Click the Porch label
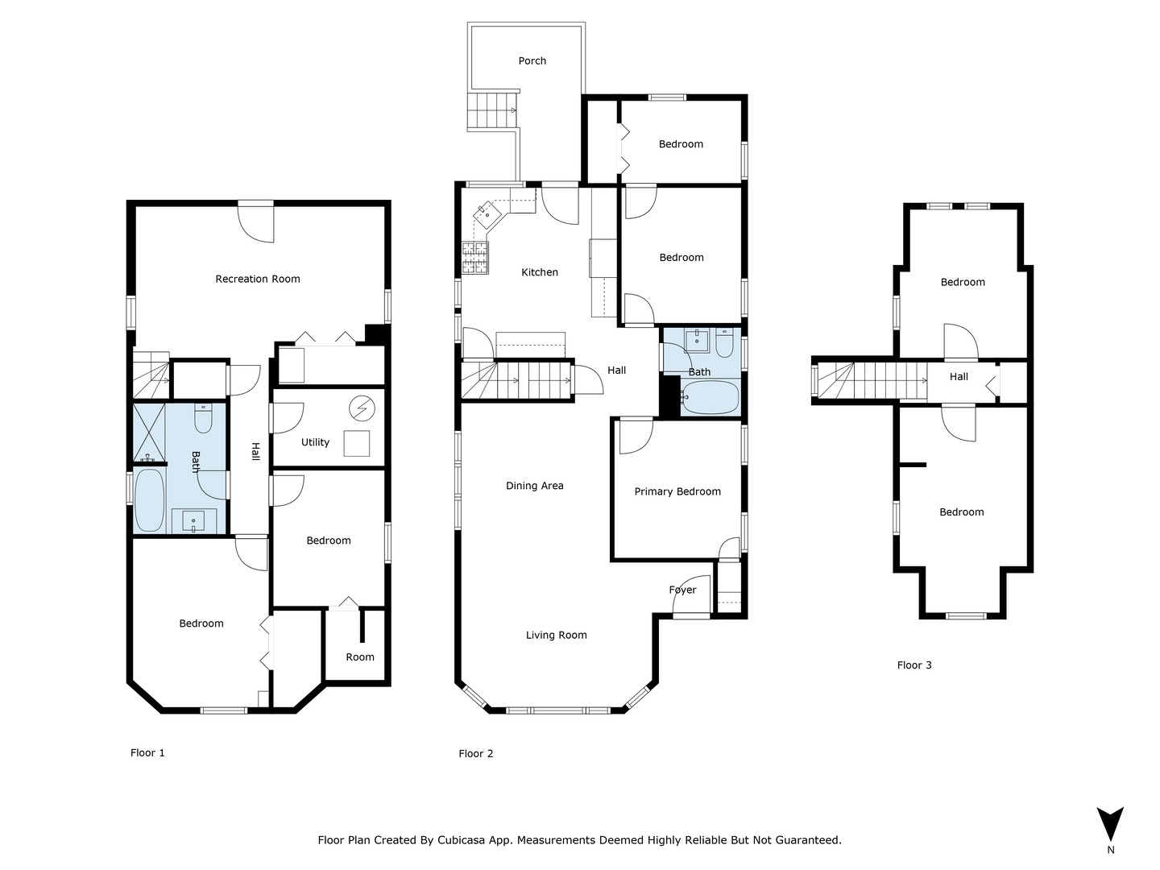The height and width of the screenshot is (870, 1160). [x=532, y=61]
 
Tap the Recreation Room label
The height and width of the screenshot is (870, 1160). [x=258, y=280]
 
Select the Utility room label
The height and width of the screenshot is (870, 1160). [x=315, y=442]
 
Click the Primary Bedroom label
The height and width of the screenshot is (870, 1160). [x=677, y=492]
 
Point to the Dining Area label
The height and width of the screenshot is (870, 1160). [x=534, y=486]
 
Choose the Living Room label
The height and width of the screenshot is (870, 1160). [x=556, y=636]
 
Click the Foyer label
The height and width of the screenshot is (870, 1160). [x=682, y=590]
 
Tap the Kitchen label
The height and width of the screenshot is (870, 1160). [x=540, y=273]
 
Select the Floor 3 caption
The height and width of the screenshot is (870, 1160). [x=914, y=665]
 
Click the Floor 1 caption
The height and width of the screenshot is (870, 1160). [x=147, y=753]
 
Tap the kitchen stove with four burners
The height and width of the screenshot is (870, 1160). [x=475, y=258]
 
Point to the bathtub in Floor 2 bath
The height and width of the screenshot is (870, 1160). [x=710, y=397]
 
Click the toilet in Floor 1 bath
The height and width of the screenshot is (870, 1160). [x=203, y=419]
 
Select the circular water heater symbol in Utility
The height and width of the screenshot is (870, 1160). [x=362, y=409]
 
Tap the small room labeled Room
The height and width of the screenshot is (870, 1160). [x=359, y=657]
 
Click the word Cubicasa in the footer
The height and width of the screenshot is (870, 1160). [x=462, y=840]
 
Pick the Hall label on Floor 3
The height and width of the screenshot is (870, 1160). [x=959, y=377]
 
